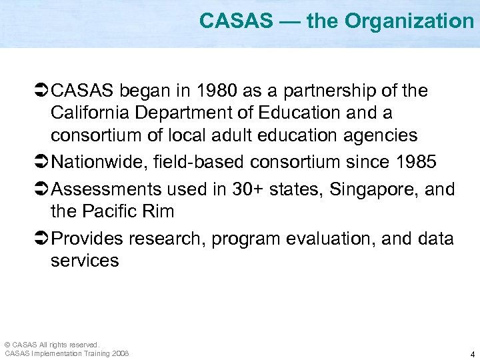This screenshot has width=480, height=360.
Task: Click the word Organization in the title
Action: tap(409, 21)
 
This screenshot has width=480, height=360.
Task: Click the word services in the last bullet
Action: tap(85, 261)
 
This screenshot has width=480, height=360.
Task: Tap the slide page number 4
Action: tap(472, 354)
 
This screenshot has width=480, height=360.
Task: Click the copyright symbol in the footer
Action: tap(7, 344)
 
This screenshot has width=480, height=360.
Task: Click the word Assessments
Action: tap(107, 189)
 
